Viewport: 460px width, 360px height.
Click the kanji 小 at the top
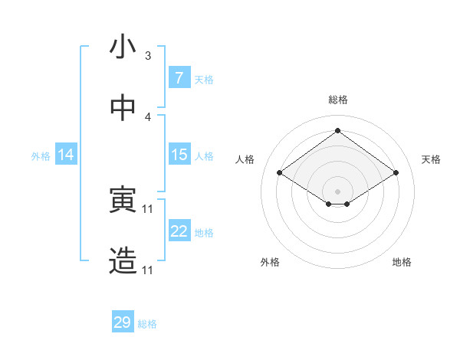(123, 47)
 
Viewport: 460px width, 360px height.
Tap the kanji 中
(123, 108)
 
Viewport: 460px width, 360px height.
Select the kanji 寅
(123, 201)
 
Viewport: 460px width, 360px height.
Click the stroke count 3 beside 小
(148, 56)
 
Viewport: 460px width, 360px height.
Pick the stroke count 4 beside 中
(148, 117)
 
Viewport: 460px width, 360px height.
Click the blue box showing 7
(179, 78)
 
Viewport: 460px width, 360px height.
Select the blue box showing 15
(179, 155)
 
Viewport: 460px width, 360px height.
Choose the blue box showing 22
(179, 231)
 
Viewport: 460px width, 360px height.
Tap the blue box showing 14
(66, 155)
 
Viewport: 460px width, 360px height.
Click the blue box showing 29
(123, 322)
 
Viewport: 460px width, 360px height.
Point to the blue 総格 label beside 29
(148, 324)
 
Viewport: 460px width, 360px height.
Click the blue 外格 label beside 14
(41, 156)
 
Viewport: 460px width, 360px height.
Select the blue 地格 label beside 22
(205, 233)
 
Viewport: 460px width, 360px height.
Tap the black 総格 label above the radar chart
(338, 100)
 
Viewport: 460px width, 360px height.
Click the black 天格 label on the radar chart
(431, 159)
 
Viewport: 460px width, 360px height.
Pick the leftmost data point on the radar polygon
(280, 173)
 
